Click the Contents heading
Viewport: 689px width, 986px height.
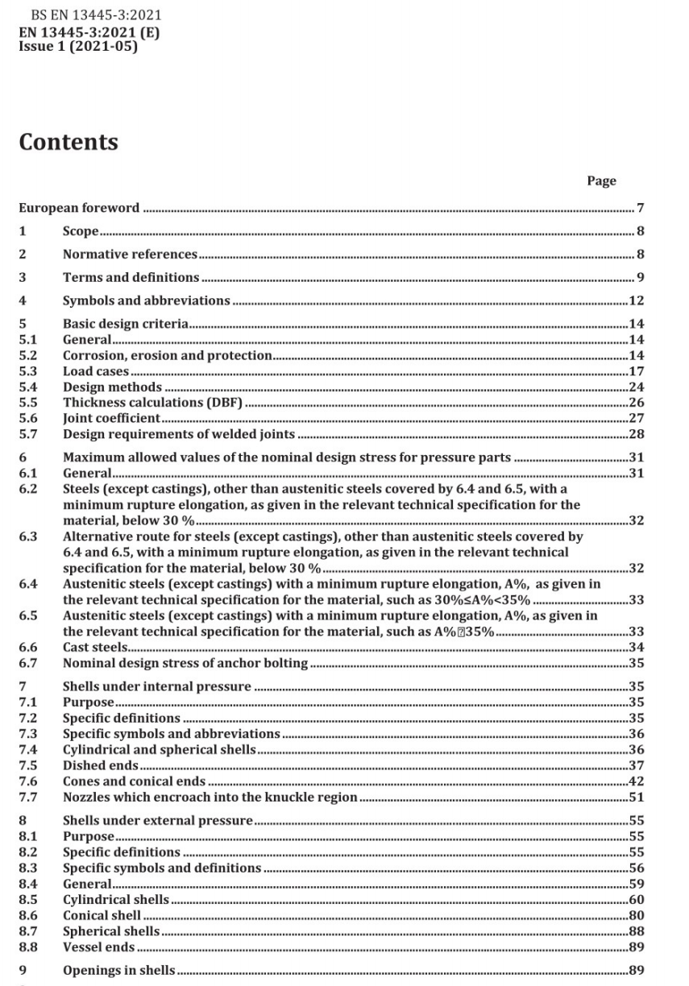(x=68, y=143)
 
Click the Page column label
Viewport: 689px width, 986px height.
(x=601, y=181)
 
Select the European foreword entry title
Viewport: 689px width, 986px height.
(x=79, y=209)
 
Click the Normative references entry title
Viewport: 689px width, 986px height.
(x=130, y=255)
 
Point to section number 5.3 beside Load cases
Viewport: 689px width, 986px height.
(x=28, y=371)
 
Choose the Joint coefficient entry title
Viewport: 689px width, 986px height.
(x=111, y=418)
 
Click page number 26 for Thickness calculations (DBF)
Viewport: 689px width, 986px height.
(x=636, y=402)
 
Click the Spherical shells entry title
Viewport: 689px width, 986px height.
(x=111, y=931)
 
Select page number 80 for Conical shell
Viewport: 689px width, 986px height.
(x=636, y=915)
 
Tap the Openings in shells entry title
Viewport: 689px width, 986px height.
(x=118, y=971)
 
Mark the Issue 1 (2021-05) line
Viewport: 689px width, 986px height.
(x=78, y=47)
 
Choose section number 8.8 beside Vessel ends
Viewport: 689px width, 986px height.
(x=28, y=947)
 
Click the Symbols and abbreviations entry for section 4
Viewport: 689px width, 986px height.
(x=146, y=300)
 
